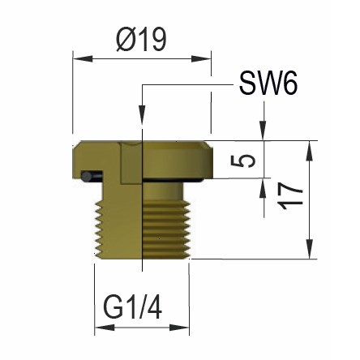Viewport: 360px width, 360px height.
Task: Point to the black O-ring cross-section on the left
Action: [x=94, y=174]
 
